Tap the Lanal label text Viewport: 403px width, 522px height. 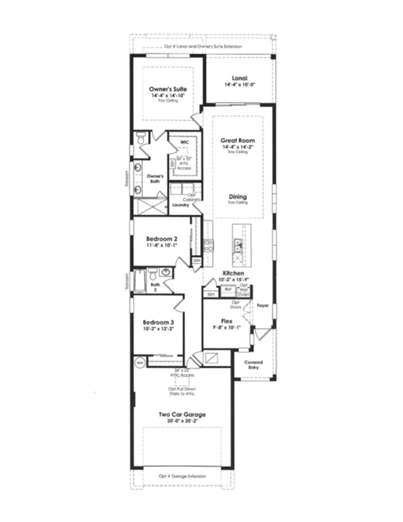239,77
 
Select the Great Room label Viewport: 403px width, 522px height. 237,140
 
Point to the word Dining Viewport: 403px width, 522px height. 237,196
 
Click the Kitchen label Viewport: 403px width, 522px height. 233,273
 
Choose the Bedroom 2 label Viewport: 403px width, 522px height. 161,238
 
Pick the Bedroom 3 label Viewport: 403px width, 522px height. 158,322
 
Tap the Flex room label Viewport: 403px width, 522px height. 227,321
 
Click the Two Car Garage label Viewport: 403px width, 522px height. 182,415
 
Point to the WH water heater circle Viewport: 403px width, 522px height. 140,362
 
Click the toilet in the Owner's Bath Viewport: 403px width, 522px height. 140,139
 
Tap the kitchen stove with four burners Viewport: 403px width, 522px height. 208,246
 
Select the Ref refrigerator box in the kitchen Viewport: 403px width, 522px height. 228,289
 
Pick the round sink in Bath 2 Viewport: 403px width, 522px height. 165,272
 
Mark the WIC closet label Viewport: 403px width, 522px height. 184,142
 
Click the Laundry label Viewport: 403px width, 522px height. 180,205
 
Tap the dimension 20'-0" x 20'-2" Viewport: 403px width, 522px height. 182,422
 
